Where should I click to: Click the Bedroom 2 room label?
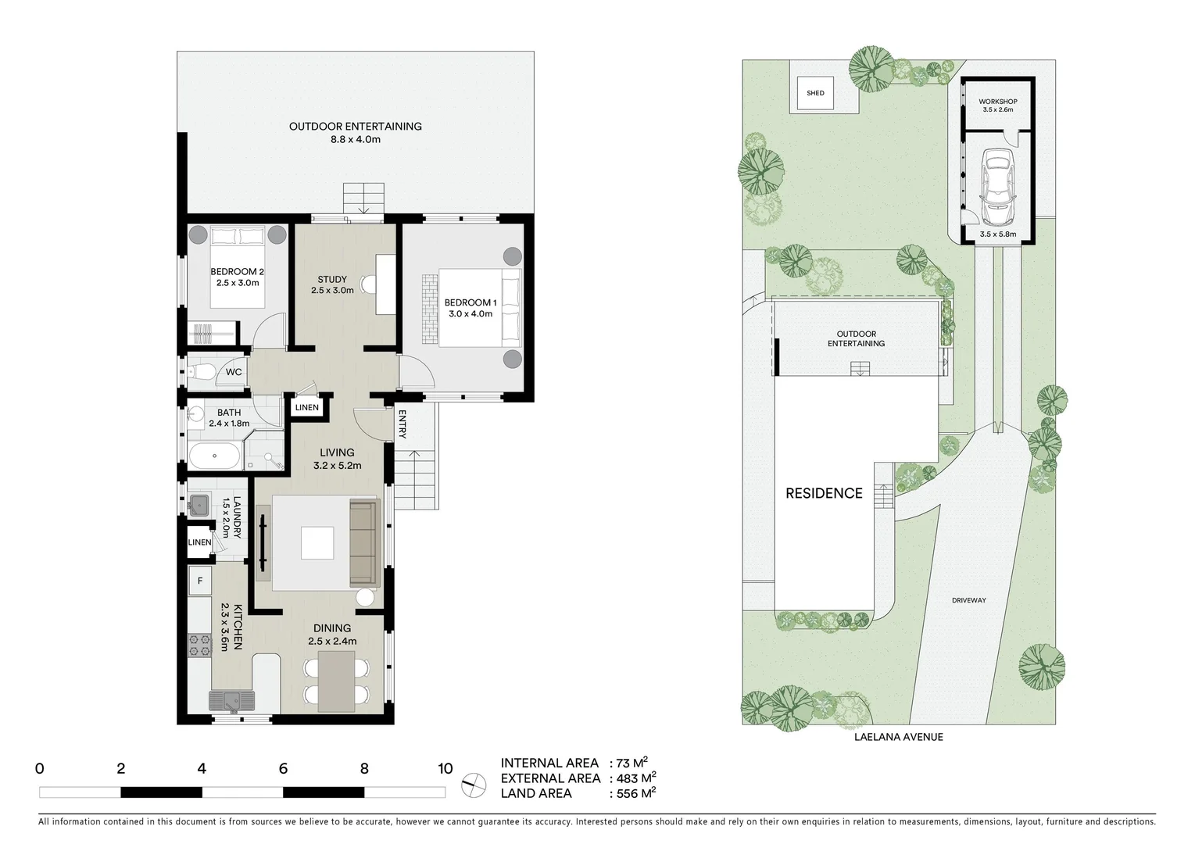pyautogui.click(x=237, y=277)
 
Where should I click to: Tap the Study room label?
pyautogui.click(x=332, y=284)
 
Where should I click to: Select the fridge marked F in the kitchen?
pyautogui.click(x=200, y=581)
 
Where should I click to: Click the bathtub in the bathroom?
pyautogui.click(x=214, y=456)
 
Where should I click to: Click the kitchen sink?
pyautogui.click(x=232, y=700)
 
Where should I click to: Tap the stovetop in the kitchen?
pyautogui.click(x=199, y=644)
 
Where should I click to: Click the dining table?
pyautogui.click(x=336, y=680)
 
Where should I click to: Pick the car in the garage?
pyautogui.click(x=996, y=186)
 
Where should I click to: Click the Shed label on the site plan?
pyautogui.click(x=815, y=93)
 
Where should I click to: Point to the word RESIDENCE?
pyautogui.click(x=824, y=493)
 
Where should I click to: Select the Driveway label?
pyautogui.click(x=968, y=600)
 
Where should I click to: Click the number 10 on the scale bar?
pyautogui.click(x=445, y=768)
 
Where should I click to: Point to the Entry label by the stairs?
pyautogui.click(x=403, y=424)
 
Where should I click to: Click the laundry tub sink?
pyautogui.click(x=198, y=504)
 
